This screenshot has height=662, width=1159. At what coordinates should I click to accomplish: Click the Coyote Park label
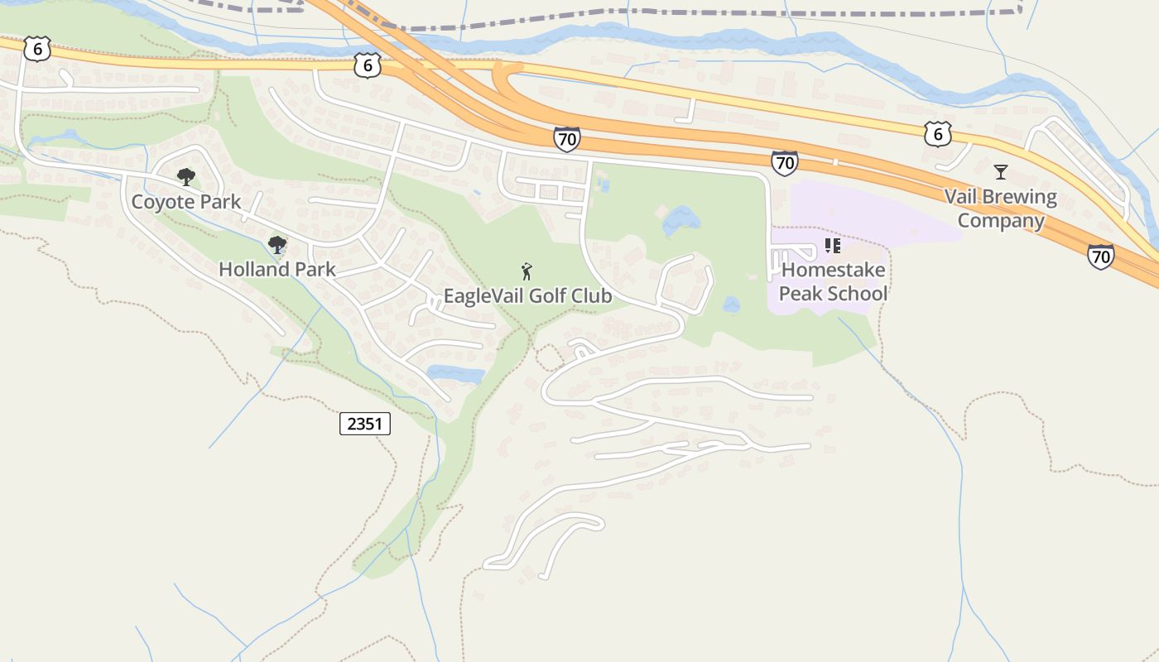(x=186, y=202)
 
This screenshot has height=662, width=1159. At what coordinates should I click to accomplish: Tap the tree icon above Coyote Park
(x=186, y=176)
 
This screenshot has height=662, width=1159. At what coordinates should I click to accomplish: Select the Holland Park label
(x=277, y=270)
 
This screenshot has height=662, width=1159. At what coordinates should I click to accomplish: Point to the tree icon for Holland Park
(x=277, y=244)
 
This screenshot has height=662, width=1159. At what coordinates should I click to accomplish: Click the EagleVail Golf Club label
(x=527, y=296)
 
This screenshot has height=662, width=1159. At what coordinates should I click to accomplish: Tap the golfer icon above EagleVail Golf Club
(x=526, y=271)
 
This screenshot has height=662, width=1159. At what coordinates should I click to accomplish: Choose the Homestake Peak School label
(x=833, y=281)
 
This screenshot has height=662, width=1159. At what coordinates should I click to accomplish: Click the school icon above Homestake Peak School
(x=833, y=246)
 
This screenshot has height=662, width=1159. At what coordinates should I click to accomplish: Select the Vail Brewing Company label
(x=1001, y=209)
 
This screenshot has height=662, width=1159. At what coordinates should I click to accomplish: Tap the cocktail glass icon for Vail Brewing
(x=1001, y=172)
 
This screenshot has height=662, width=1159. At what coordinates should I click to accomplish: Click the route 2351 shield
(x=364, y=425)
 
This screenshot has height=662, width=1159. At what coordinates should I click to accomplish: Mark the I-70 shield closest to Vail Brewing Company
(x=1100, y=257)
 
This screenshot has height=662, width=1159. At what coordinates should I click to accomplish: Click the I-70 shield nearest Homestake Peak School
(x=784, y=163)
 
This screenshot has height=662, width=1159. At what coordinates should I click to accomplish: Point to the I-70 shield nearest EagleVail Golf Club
(x=567, y=139)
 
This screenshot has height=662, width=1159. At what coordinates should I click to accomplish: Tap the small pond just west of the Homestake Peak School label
(x=731, y=305)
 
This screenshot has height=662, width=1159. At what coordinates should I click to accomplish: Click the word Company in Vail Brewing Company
(x=1001, y=221)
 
